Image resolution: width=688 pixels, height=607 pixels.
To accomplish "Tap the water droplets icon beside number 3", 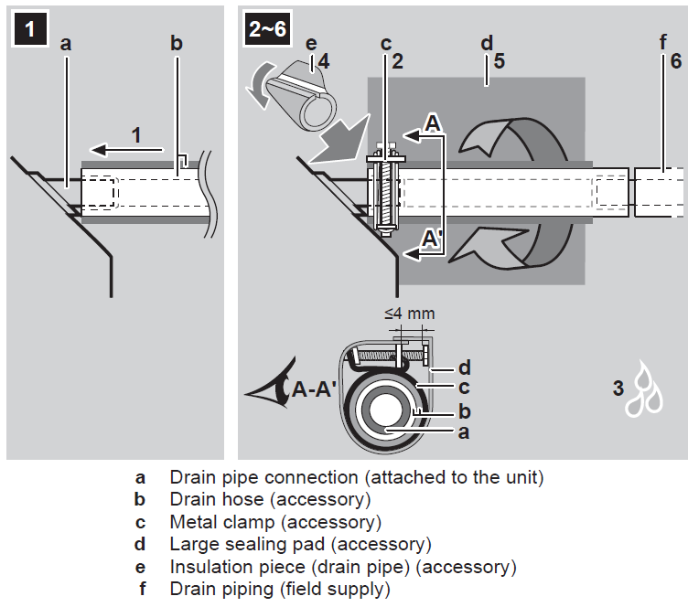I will point(647,392).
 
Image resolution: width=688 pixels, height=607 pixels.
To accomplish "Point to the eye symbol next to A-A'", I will point(267,390).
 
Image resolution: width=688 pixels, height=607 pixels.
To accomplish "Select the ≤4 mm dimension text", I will point(409,314).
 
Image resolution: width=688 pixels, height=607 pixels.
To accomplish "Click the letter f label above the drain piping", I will point(662,43).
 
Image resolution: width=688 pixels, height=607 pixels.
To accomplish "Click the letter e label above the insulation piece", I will point(310,43).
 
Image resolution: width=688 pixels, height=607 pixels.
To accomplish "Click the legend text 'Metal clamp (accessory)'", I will point(275,522).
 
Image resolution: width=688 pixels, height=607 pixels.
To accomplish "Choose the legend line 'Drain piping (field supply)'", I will point(279,589).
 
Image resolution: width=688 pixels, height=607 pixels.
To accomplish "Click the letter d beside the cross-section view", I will point(464,367).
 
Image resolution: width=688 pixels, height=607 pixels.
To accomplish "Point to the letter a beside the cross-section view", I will point(464,432).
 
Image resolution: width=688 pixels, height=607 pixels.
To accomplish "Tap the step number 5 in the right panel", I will point(499,61).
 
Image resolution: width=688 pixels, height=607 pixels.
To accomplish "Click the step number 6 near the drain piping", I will point(675,61).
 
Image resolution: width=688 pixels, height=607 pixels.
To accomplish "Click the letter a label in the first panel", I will point(66,43).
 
